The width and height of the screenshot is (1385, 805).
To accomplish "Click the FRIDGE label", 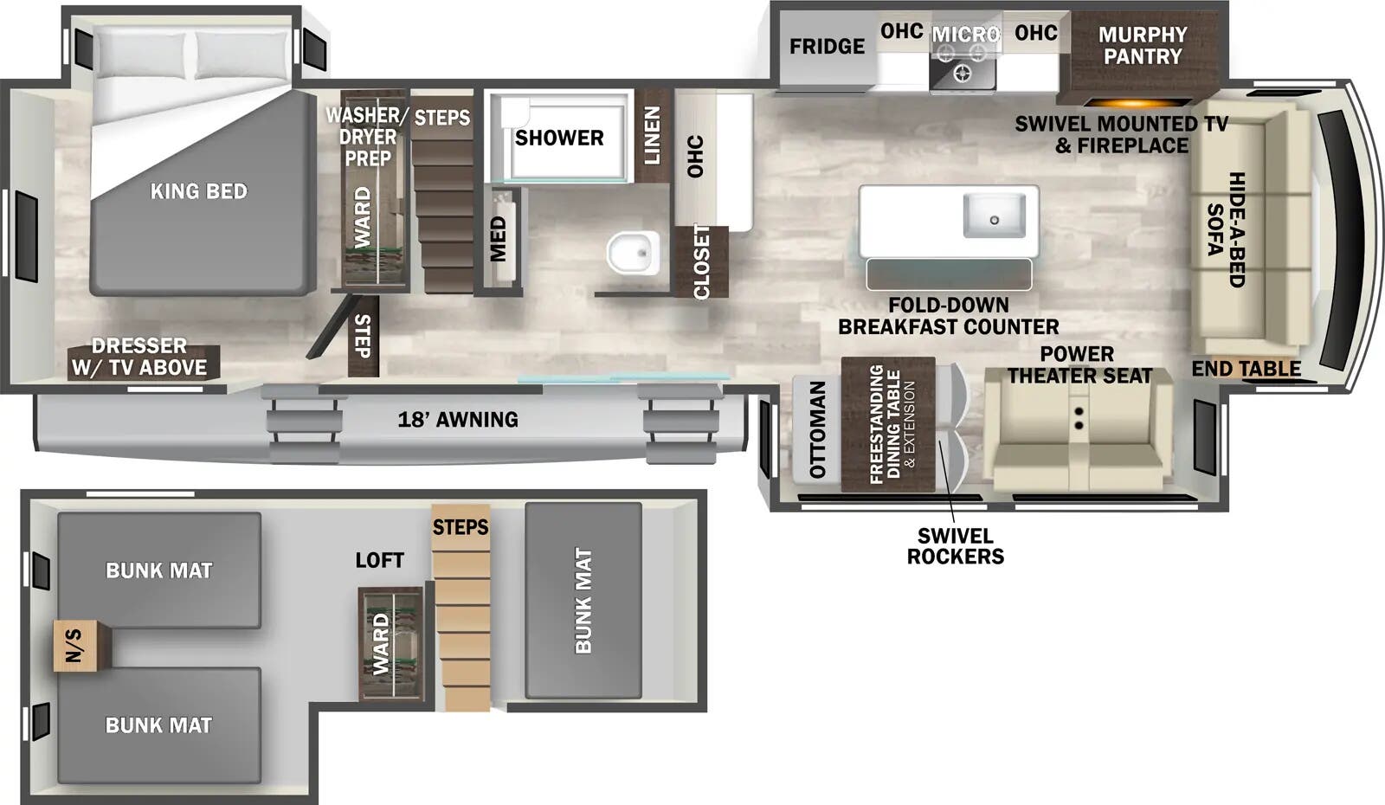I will click(x=827, y=46).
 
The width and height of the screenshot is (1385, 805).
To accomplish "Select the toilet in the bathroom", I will click(x=633, y=253).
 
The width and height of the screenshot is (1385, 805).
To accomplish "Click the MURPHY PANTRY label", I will click(x=1143, y=46).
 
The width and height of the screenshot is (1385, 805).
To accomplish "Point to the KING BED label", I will click(x=199, y=191).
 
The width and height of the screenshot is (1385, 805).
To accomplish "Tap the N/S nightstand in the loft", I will click(x=81, y=645).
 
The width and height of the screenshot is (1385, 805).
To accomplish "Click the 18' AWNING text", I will click(x=458, y=420).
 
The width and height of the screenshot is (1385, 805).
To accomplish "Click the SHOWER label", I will click(x=559, y=138).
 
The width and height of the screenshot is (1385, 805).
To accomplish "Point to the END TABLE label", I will click(x=1246, y=369).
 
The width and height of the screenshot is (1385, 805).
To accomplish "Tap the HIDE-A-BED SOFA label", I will click(x=1227, y=229).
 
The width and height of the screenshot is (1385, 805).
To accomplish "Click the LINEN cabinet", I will click(x=653, y=135).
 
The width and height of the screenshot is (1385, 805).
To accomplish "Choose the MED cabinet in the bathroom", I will click(x=499, y=239).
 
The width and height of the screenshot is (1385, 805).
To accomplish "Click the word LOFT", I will click(x=379, y=560).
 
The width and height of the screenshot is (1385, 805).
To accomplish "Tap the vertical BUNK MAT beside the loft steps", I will click(x=583, y=601).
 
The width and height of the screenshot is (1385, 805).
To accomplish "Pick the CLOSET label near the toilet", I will click(x=701, y=261).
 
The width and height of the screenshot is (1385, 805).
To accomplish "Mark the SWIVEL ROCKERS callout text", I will click(x=956, y=546).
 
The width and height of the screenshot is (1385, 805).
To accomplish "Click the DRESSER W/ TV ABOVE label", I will click(x=139, y=357).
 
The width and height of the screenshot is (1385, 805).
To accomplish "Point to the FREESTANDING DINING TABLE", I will click(x=888, y=424).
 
